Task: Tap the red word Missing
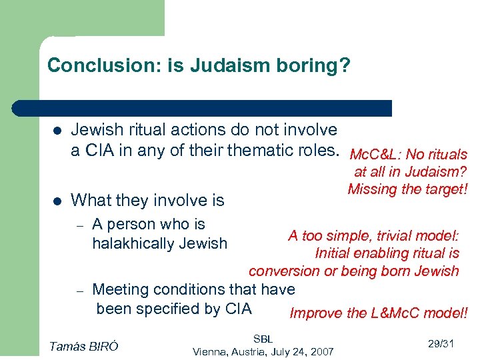pos(371,189)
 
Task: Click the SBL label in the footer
pos(263,339)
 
